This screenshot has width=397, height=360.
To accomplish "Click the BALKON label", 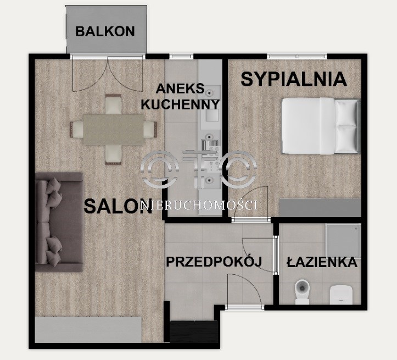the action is [x=105, y=31].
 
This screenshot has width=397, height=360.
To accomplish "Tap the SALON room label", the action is [x=118, y=206].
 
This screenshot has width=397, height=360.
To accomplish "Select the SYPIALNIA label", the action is [x=294, y=79].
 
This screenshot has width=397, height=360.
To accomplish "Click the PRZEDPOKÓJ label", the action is [x=214, y=262].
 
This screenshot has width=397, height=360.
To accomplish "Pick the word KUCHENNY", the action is [x=180, y=104].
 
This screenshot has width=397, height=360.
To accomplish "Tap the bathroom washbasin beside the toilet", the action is [x=342, y=295].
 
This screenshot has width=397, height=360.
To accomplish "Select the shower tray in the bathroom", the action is [x=343, y=241].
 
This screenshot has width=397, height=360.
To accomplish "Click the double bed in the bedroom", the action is [x=321, y=126].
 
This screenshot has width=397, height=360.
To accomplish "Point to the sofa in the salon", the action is [x=59, y=222].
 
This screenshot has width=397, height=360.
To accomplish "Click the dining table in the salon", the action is [x=114, y=130].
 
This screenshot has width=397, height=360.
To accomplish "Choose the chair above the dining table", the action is [x=114, y=104].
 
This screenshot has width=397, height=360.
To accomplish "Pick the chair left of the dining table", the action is [x=76, y=130].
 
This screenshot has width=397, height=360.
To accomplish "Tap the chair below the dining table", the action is [x=114, y=155].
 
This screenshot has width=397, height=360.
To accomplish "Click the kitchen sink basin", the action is [x=212, y=115].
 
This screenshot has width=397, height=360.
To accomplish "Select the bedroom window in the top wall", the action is [x=297, y=56].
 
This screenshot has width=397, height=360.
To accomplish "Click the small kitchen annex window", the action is [x=181, y=56].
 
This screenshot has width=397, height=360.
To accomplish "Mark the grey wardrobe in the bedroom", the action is [x=320, y=208].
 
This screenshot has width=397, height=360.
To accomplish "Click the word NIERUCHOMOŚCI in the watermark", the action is [x=199, y=205].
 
